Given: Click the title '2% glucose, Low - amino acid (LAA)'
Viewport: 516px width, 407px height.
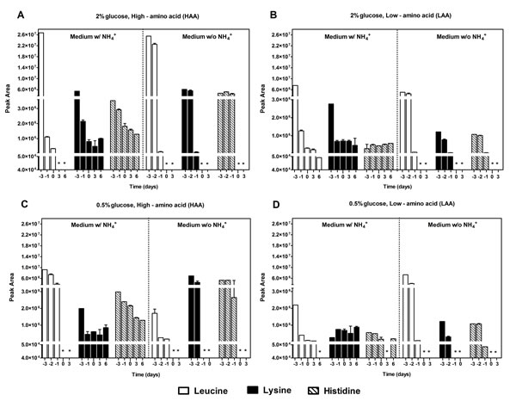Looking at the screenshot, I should (394, 17).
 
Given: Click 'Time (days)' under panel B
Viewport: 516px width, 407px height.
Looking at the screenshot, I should (394, 185).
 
